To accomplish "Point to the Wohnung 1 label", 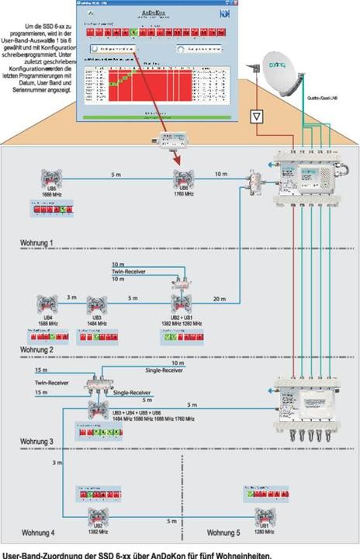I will (x=37, y=243).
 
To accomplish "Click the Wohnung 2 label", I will (x=37, y=350).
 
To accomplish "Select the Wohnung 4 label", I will (x=37, y=533).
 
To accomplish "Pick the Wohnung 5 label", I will (x=225, y=533).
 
